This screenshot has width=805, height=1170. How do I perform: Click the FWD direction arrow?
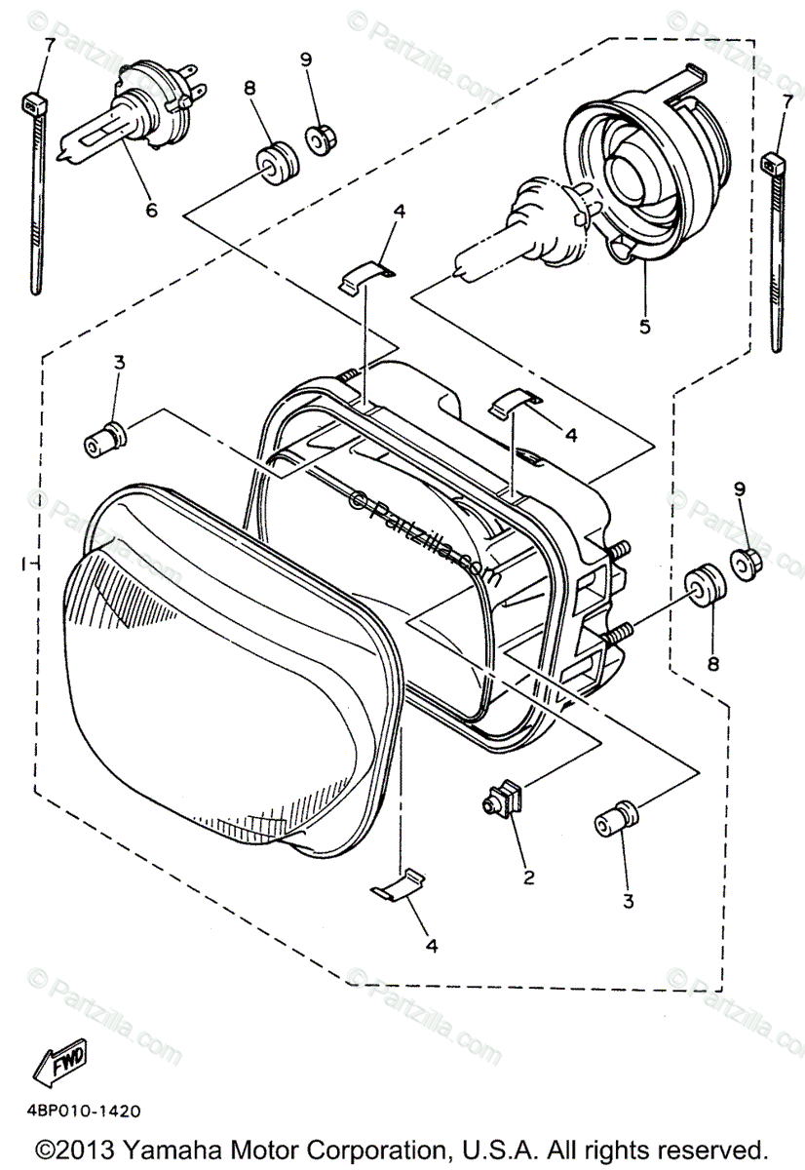pos(59,1061)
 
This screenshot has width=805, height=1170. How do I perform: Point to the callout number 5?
pos(644,327)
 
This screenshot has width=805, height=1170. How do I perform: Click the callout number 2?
pos(529,877)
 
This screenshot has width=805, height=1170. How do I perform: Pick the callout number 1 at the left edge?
pos(21,565)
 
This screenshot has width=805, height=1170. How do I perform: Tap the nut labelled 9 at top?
pos(318,139)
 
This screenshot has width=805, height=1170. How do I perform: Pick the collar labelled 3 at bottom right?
pos(615,819)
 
